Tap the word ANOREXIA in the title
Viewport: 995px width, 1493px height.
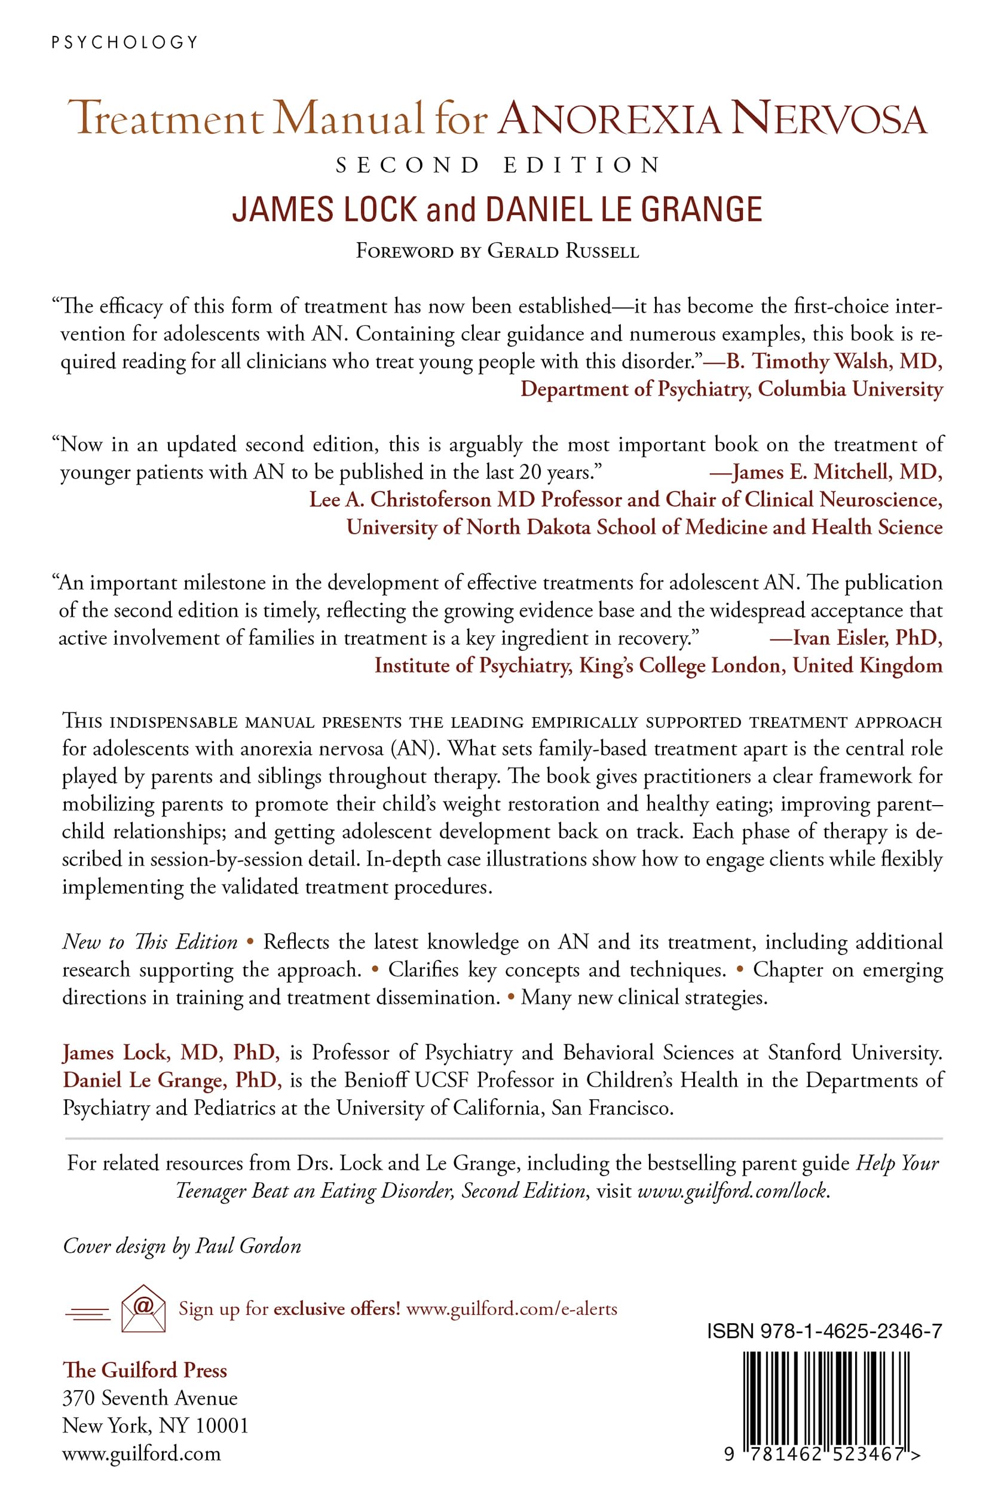tap(609, 120)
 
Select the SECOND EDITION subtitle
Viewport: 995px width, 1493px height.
tap(498, 166)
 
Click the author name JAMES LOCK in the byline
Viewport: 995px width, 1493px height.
tap(324, 210)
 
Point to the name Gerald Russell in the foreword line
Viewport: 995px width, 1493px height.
tap(563, 251)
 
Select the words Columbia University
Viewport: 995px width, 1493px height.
tap(850, 388)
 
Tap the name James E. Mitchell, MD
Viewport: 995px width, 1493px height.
tap(837, 472)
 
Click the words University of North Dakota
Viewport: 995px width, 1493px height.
tap(469, 527)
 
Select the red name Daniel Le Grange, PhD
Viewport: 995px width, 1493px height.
tap(172, 1079)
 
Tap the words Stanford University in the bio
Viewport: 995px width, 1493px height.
tap(854, 1052)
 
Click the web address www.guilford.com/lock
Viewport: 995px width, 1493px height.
tap(732, 1191)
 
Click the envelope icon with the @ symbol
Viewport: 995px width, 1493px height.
tap(143, 1308)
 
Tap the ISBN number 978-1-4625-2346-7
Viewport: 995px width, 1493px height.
tap(824, 1331)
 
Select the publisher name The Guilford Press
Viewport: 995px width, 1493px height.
tap(145, 1370)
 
